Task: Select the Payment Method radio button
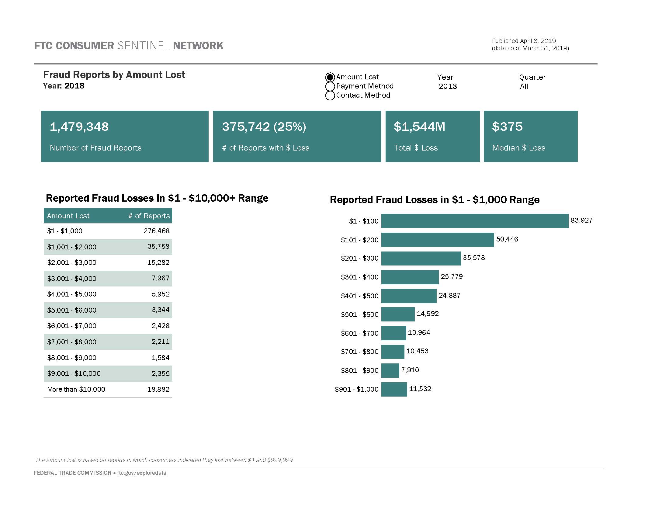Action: click(330, 86)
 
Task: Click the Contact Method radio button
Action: click(330, 95)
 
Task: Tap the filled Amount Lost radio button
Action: click(330, 77)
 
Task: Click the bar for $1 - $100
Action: click(475, 221)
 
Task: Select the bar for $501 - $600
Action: click(398, 314)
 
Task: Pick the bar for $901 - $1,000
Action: click(394, 389)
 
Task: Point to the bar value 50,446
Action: click(507, 239)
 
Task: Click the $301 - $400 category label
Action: click(360, 277)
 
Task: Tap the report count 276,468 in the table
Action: click(156, 231)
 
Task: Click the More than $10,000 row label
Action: click(76, 389)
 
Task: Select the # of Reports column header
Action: click(149, 216)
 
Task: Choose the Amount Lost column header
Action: click(68, 216)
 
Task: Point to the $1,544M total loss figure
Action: click(419, 127)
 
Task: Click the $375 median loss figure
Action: click(507, 127)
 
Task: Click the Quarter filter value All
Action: click(524, 86)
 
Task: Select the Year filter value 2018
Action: click(448, 86)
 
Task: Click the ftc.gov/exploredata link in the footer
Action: click(141, 473)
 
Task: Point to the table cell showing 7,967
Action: click(161, 278)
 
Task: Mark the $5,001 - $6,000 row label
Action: click(72, 310)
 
